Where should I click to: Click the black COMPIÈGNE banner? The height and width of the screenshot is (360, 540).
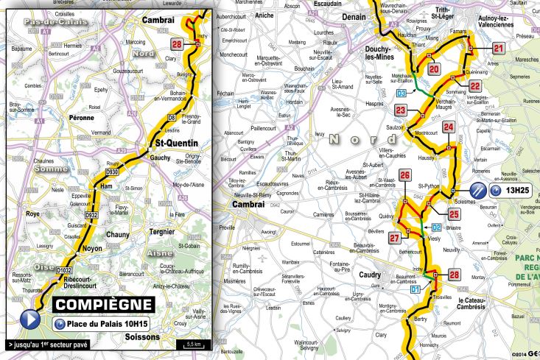[x=105, y=305]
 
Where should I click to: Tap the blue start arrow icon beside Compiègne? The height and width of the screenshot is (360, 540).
[x=29, y=320]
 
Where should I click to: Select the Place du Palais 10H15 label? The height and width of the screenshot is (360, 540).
[x=111, y=322]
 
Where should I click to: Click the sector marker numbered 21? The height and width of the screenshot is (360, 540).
[x=499, y=49]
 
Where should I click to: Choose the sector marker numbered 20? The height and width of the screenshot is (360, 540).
[x=434, y=69]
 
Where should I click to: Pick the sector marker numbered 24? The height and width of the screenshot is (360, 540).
[x=449, y=128]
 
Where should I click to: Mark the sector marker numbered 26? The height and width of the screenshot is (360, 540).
[x=404, y=175]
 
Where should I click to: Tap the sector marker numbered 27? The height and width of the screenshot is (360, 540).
[x=395, y=238]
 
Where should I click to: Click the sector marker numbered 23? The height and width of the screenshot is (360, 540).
[x=400, y=110]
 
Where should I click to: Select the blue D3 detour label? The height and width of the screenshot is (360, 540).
[x=402, y=93]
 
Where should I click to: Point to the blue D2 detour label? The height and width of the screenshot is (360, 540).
[x=436, y=227]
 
